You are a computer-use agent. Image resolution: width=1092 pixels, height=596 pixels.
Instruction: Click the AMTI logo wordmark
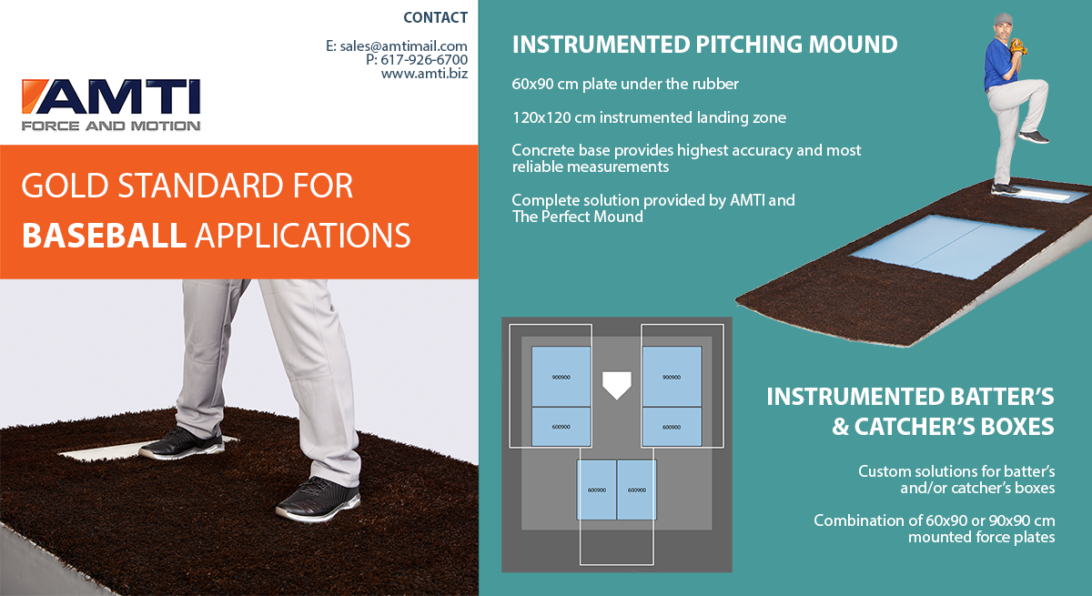(111, 96)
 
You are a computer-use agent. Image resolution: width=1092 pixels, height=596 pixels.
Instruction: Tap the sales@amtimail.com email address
(404, 46)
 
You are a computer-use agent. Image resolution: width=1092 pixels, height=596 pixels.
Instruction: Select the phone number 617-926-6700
(424, 60)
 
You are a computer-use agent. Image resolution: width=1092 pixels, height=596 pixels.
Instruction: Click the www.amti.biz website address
(424, 74)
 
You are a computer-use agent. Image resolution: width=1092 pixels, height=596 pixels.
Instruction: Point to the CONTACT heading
(435, 17)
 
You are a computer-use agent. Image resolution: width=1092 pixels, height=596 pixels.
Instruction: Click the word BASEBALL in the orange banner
(105, 236)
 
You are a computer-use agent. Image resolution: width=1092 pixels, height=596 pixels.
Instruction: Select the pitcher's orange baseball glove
(1018, 46)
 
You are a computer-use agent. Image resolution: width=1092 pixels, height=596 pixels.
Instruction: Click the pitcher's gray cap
(1003, 19)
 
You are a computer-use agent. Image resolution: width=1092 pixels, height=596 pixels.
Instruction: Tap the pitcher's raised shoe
(1034, 136)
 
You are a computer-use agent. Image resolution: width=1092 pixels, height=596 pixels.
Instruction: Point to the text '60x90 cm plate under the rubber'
(625, 84)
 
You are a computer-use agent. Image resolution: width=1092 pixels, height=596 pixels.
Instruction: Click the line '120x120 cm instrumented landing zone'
(649, 117)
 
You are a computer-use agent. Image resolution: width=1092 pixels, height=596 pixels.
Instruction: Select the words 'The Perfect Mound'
(578, 217)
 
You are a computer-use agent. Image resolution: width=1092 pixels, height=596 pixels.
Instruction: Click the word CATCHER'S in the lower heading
(954, 427)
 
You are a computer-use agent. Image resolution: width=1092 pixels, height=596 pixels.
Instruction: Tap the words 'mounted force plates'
(981, 537)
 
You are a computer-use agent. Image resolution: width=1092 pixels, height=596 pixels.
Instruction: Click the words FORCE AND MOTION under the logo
(111, 126)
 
